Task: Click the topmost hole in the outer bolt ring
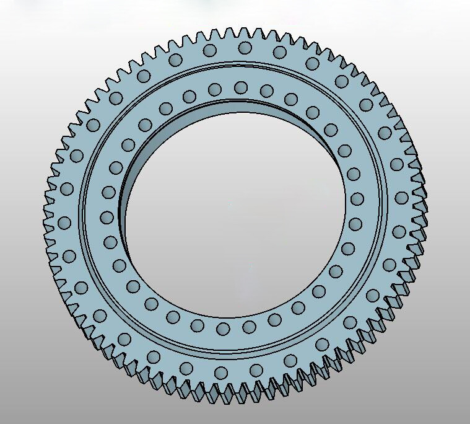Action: click(245, 48)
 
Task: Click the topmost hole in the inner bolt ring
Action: click(242, 87)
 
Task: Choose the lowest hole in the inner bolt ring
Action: click(224, 327)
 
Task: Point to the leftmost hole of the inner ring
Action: click(107, 218)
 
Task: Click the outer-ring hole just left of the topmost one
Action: click(209, 50)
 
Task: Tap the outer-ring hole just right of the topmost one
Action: click(280, 52)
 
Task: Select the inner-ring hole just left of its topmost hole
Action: click(215, 89)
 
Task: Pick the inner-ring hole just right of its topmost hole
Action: click(267, 91)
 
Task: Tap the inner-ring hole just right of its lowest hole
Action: click(249, 327)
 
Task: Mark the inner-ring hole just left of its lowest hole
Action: click(198, 325)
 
